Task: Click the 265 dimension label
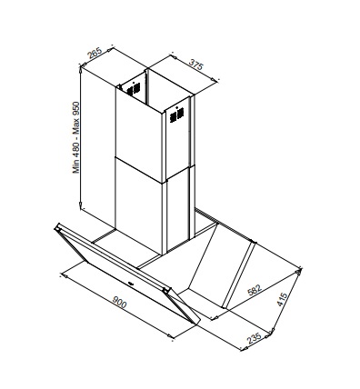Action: tap(95, 53)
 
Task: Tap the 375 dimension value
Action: tap(195, 65)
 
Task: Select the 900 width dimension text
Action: tap(119, 302)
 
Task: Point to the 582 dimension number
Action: tap(255, 289)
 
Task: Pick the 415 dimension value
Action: tap(282, 299)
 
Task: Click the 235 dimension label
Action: tap(254, 338)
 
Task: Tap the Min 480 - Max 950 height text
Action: tap(75, 137)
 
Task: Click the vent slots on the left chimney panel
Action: tap(134, 89)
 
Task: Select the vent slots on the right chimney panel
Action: tap(176, 115)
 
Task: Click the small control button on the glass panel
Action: tap(130, 284)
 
